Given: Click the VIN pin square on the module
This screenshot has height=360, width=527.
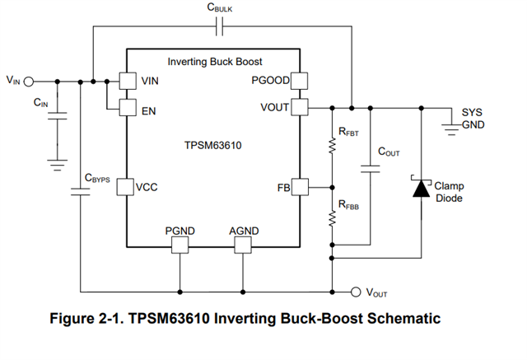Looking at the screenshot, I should (x=127, y=81).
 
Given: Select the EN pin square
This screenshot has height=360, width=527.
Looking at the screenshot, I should (x=127, y=107).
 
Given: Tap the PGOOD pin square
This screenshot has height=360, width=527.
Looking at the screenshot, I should (x=299, y=81).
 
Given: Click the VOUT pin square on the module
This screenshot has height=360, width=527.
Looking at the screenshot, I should (x=299, y=107).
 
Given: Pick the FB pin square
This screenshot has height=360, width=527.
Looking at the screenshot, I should (x=299, y=187).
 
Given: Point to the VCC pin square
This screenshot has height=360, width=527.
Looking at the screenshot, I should (x=127, y=187).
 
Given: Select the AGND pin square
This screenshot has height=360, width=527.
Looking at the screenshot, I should (x=244, y=244).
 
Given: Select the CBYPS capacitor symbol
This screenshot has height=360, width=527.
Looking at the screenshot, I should (x=81, y=193).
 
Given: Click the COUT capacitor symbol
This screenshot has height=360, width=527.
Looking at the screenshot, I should (x=369, y=169).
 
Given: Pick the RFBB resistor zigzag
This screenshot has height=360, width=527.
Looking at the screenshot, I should (x=333, y=219).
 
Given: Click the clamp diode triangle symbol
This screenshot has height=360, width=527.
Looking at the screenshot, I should (x=421, y=189).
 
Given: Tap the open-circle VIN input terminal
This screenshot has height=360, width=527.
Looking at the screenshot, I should (x=30, y=81).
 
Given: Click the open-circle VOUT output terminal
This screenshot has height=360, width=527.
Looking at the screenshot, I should (x=356, y=291).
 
